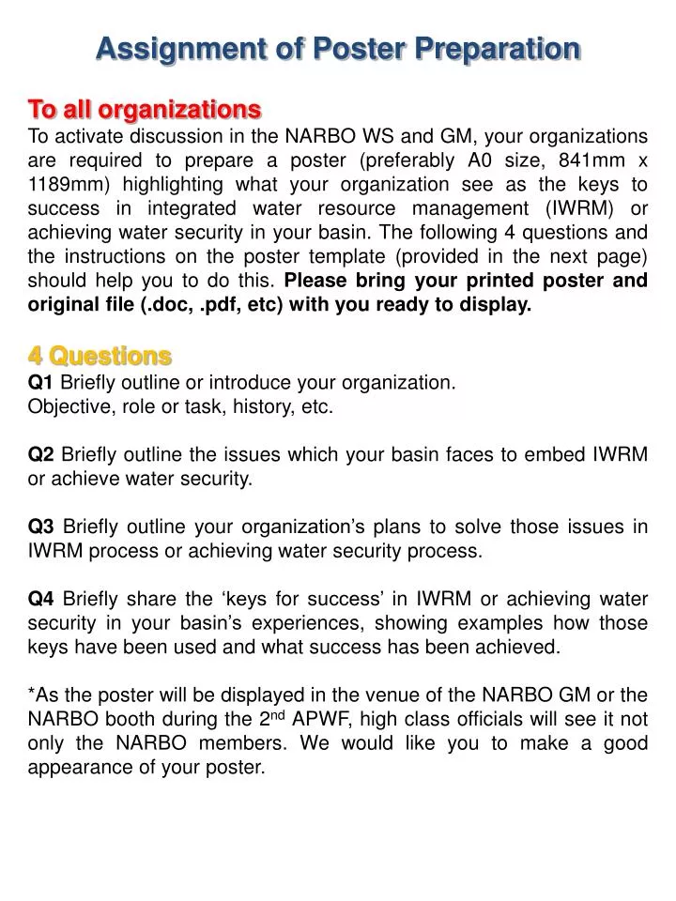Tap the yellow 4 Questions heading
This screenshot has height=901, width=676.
click(x=100, y=356)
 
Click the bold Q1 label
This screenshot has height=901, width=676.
click(x=41, y=382)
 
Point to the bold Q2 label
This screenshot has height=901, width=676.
click(x=41, y=455)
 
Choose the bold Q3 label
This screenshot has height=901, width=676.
click(x=41, y=527)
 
